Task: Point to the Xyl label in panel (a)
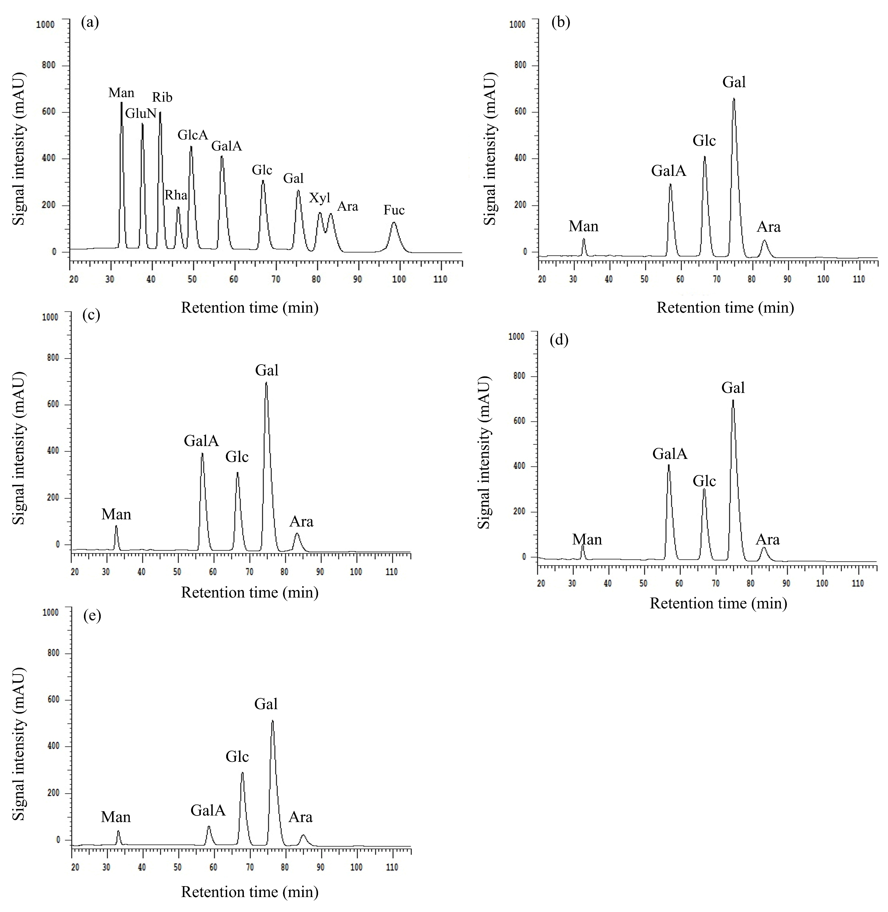click(320, 198)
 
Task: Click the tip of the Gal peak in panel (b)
click(734, 99)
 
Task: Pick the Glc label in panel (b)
click(704, 140)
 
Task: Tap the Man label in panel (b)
click(583, 227)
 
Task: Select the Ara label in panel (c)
click(301, 521)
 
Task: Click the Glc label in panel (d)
click(704, 481)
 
